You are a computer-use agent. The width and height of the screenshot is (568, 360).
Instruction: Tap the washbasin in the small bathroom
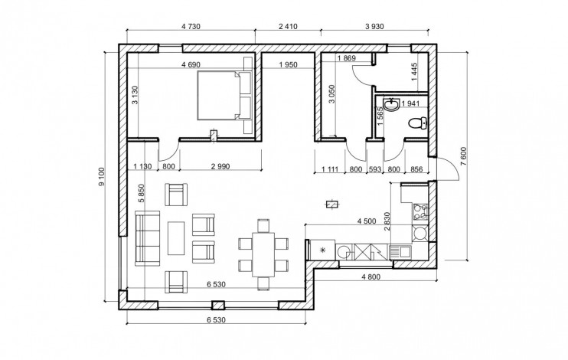click(x=392, y=104)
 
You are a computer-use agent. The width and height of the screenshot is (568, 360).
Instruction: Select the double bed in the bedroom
click(x=224, y=95)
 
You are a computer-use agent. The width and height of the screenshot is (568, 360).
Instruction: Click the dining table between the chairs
click(x=263, y=254)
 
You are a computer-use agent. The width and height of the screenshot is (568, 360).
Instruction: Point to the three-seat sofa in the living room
click(x=148, y=237)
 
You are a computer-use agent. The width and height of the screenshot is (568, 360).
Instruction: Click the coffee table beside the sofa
click(x=176, y=237)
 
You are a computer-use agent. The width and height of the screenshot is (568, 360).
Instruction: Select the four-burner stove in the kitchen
click(x=419, y=211)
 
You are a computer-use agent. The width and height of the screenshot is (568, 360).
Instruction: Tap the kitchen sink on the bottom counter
click(x=400, y=251)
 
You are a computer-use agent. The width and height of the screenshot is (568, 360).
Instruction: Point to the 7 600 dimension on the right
click(x=463, y=156)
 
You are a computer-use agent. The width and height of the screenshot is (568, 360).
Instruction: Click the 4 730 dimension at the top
click(x=191, y=26)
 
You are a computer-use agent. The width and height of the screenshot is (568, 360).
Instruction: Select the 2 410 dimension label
click(x=288, y=26)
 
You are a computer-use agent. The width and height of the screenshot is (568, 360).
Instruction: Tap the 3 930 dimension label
click(x=374, y=26)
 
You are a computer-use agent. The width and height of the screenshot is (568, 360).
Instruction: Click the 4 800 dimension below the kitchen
click(x=371, y=277)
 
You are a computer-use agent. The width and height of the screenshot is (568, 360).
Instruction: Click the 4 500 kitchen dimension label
click(x=367, y=221)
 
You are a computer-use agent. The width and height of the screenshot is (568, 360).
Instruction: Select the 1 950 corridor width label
click(x=288, y=64)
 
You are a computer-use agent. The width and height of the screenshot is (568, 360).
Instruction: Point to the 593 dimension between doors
click(x=374, y=169)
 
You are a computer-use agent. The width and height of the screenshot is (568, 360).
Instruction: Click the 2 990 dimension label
click(x=220, y=166)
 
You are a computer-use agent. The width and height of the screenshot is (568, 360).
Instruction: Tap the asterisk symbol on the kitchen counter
click(x=322, y=250)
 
